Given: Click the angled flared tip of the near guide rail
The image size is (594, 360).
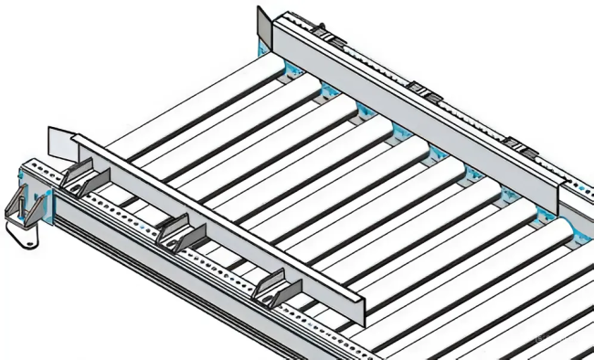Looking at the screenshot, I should coord(60,139).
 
